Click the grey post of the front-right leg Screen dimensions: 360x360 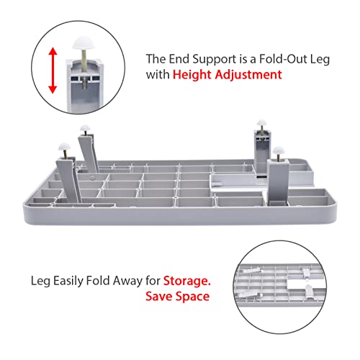(278, 181)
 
